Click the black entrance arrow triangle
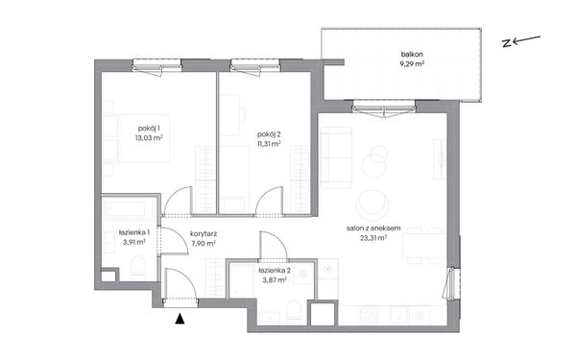coord(180,319)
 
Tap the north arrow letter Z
coord(507,44)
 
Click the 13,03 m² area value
coord(149,138)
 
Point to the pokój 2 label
coord(269,134)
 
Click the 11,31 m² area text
coord(269,144)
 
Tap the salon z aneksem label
coord(373,228)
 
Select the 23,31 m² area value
coord(373,238)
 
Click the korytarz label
coord(204,233)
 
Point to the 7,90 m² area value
coord(204,243)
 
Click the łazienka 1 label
coord(134,232)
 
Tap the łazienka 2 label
coord(275,271)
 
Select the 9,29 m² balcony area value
coord(412,64)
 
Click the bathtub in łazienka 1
coord(127,209)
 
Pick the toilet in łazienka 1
coord(138,268)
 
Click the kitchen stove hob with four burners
coord(369,315)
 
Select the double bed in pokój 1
coord(136,138)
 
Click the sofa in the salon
coord(336,158)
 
